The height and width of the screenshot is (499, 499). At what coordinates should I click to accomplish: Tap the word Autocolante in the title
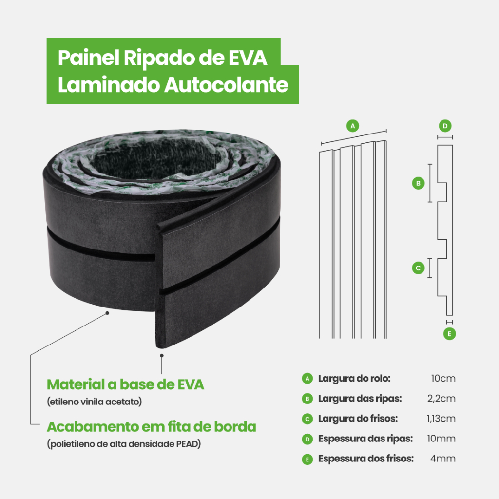(226, 85)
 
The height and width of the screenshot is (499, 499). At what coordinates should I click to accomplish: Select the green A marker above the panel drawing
(353, 126)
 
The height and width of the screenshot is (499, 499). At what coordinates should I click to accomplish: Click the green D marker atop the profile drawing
(445, 126)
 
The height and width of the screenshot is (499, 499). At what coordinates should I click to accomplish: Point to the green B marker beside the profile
(418, 183)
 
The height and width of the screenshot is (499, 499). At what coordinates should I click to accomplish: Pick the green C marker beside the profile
(418, 268)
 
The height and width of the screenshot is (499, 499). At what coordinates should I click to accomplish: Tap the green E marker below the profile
(449, 334)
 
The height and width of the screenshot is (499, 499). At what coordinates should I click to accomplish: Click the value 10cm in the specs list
(443, 378)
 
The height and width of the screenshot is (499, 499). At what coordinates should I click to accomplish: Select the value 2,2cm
(441, 399)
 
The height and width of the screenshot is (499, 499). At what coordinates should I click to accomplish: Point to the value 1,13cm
(441, 419)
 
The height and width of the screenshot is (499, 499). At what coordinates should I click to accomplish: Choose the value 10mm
(441, 439)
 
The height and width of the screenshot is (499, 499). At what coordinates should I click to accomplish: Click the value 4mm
(443, 459)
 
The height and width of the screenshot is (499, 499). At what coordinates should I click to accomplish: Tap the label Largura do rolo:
(354, 378)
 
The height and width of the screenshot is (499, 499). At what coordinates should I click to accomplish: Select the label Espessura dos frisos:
(366, 459)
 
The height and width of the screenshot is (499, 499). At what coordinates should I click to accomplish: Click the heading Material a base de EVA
(125, 384)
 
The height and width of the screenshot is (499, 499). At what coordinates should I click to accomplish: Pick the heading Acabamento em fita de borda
(152, 427)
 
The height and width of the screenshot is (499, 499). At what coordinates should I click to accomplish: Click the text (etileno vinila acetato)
(95, 402)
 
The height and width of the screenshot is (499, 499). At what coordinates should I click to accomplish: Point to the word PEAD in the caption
(187, 444)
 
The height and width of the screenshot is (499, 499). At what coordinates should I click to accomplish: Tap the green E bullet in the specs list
(307, 459)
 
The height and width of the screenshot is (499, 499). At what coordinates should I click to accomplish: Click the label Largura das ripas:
(360, 399)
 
